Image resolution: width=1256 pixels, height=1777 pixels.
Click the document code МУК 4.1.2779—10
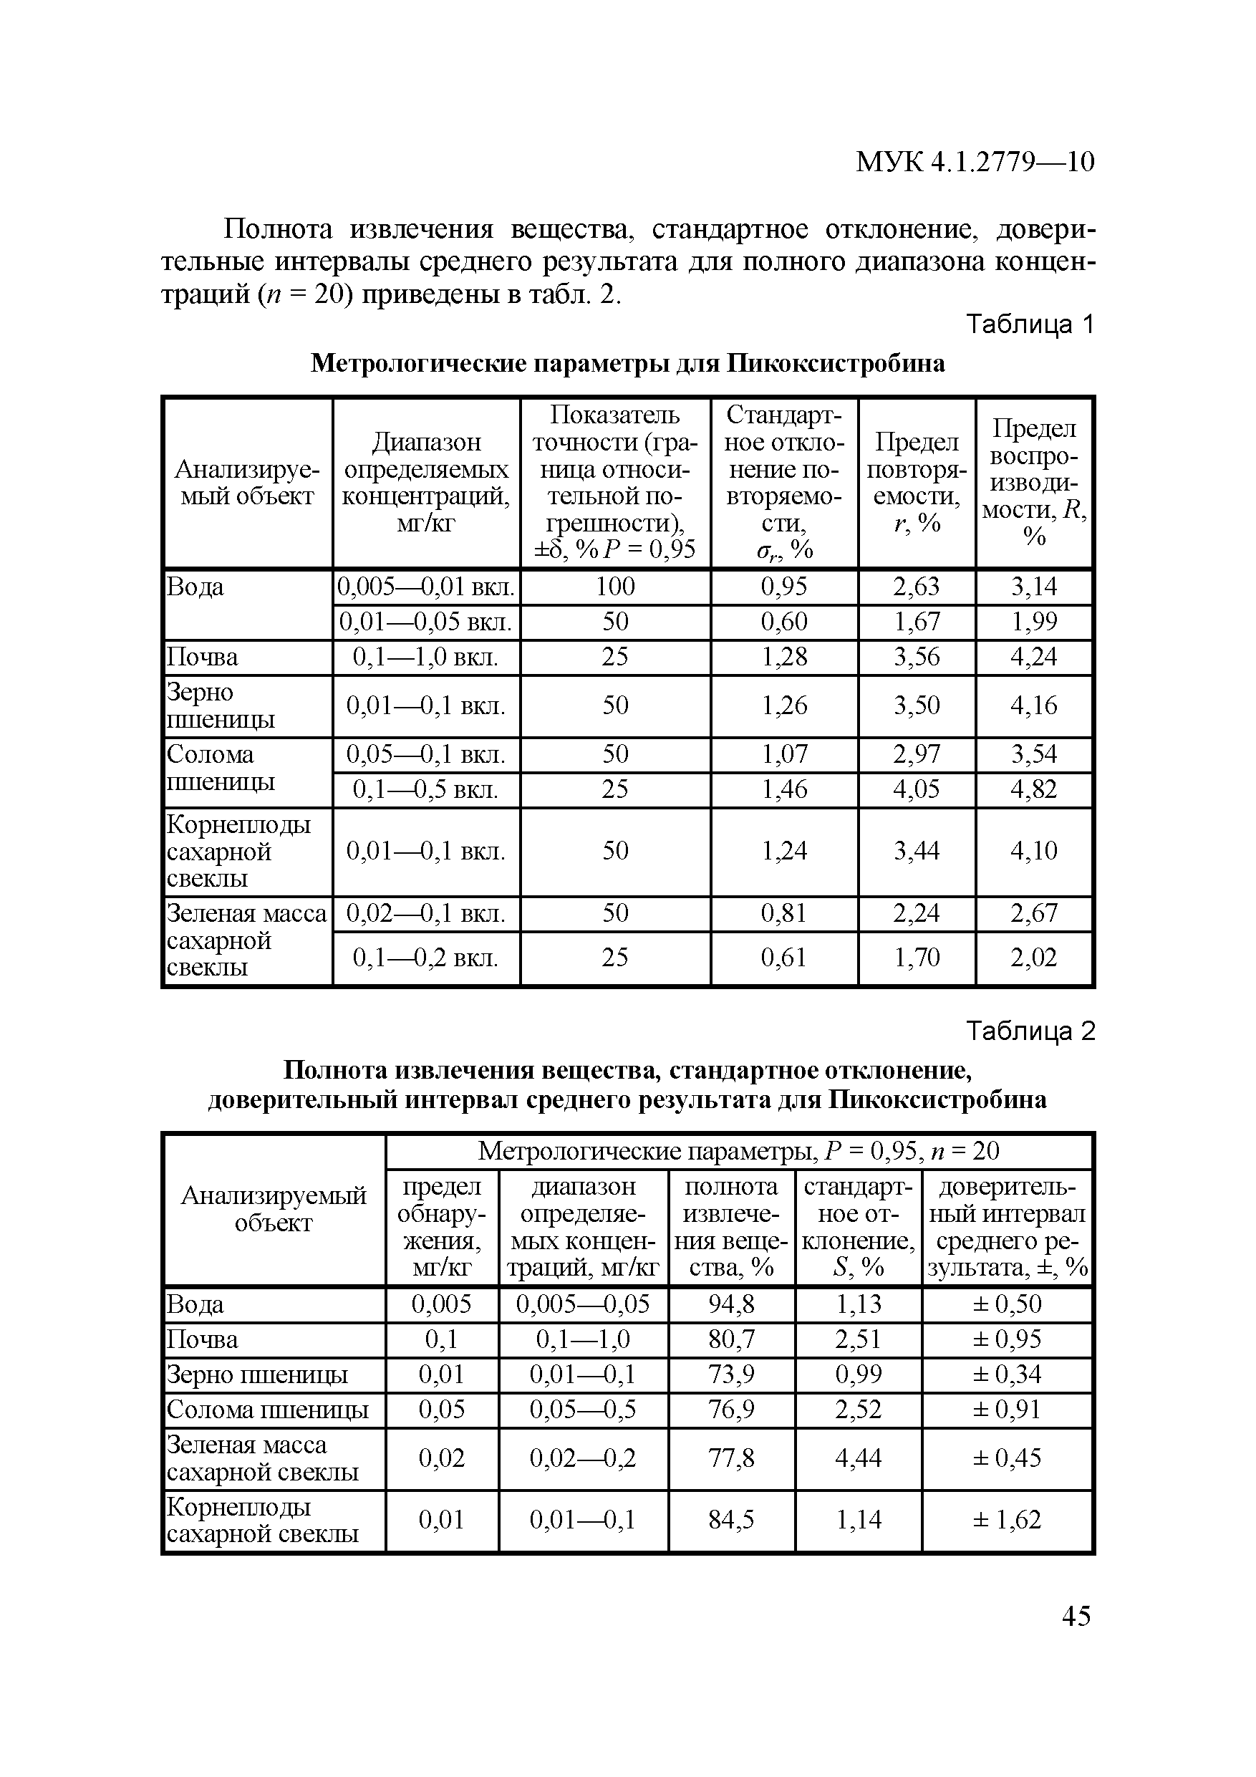975,162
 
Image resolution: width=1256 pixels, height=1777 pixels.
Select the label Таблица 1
1030,325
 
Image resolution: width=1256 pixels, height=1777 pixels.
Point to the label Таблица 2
1030,1031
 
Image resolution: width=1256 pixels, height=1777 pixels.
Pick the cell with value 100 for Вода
615,587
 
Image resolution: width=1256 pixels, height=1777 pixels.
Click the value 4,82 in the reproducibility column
1033,789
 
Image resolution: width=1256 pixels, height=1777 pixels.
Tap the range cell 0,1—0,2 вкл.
425,958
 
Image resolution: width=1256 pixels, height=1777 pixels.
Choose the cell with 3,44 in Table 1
917,852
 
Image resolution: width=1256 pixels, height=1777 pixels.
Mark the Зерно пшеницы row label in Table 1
221,705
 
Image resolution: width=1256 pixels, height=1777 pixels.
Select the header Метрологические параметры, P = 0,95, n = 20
738,1151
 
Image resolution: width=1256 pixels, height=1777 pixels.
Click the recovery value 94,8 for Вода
731,1304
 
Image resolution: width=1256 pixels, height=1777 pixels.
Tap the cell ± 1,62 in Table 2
1006,1519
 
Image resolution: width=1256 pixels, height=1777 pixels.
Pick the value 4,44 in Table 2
859,1458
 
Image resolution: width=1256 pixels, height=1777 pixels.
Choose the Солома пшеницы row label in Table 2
267,1410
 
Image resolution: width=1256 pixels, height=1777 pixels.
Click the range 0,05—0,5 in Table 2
583,1410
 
